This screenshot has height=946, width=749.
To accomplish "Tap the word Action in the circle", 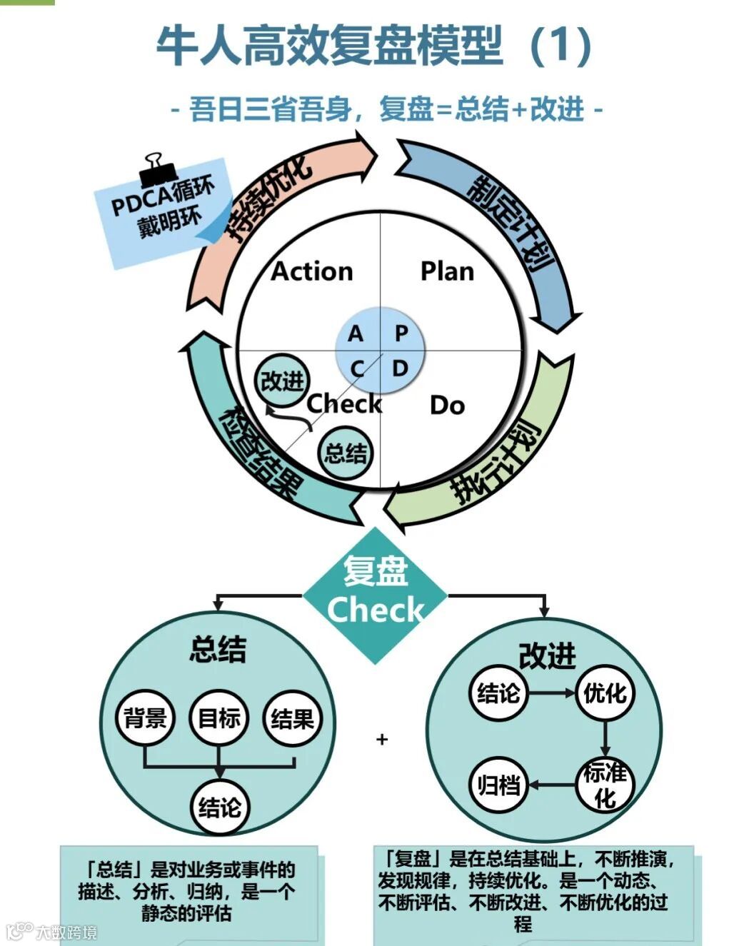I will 312,271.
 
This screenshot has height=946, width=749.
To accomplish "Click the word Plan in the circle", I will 447,271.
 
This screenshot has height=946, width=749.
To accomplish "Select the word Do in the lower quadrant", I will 447,406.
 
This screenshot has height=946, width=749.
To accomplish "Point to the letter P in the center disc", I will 401,333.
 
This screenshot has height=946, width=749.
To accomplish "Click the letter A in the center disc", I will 356,333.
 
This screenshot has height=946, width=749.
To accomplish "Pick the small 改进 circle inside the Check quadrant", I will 283,381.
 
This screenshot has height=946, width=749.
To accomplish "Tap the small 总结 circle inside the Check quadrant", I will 346,453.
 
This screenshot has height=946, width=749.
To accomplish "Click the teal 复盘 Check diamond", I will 375,595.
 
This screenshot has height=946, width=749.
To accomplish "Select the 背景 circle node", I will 145,718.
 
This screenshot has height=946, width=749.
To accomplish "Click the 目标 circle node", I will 219,718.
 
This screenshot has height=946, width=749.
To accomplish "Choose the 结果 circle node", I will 293,718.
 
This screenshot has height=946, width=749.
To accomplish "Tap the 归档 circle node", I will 498,785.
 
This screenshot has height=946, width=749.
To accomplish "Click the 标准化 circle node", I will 605,784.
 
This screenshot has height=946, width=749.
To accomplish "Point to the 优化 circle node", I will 605,693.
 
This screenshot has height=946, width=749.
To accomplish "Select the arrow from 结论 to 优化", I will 551,693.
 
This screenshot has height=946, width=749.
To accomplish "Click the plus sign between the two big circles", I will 382,739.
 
